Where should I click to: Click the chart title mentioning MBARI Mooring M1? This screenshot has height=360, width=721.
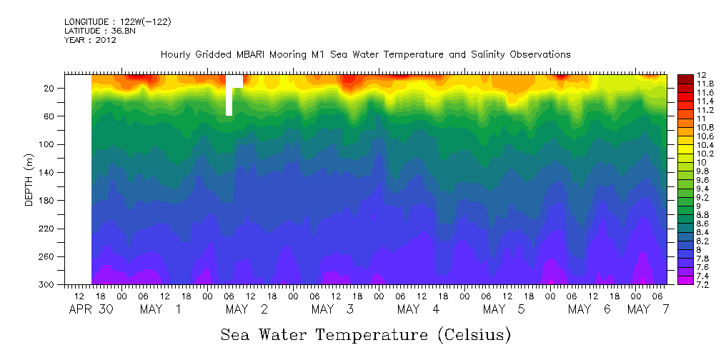[365, 55]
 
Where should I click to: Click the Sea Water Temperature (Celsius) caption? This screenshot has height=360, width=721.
[365, 334]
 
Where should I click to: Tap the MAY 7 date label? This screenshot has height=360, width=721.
[647, 309]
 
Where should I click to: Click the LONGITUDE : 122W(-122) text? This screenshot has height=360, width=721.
[117, 22]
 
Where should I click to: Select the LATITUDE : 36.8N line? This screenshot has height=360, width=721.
[101, 31]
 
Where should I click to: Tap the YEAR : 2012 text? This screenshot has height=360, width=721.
[90, 41]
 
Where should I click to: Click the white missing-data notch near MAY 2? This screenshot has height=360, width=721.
[229, 96]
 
